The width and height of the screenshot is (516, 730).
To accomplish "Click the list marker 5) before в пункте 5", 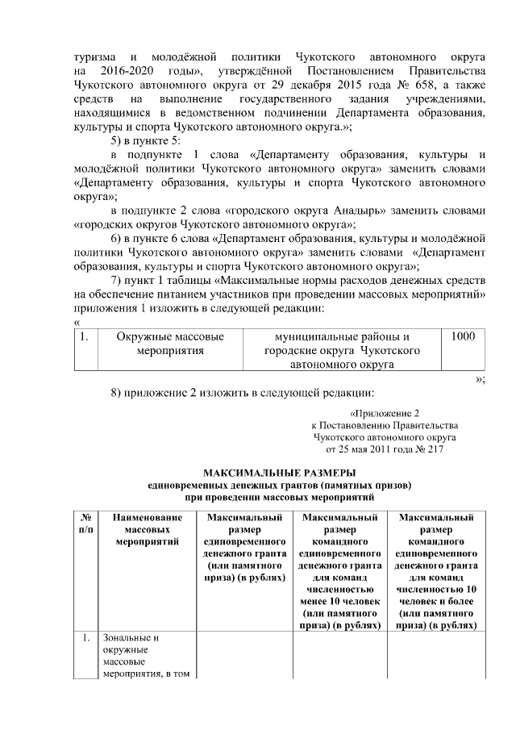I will click(118, 139).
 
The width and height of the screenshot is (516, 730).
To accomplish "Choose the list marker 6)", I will click(118, 238).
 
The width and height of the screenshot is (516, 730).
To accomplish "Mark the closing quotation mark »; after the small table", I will click(480, 378).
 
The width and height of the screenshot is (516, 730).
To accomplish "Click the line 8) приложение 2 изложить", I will click(242, 394).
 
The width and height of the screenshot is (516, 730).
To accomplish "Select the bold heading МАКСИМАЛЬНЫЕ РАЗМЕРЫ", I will click(279, 472).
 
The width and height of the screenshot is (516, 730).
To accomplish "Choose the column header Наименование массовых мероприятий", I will click(146, 532).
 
